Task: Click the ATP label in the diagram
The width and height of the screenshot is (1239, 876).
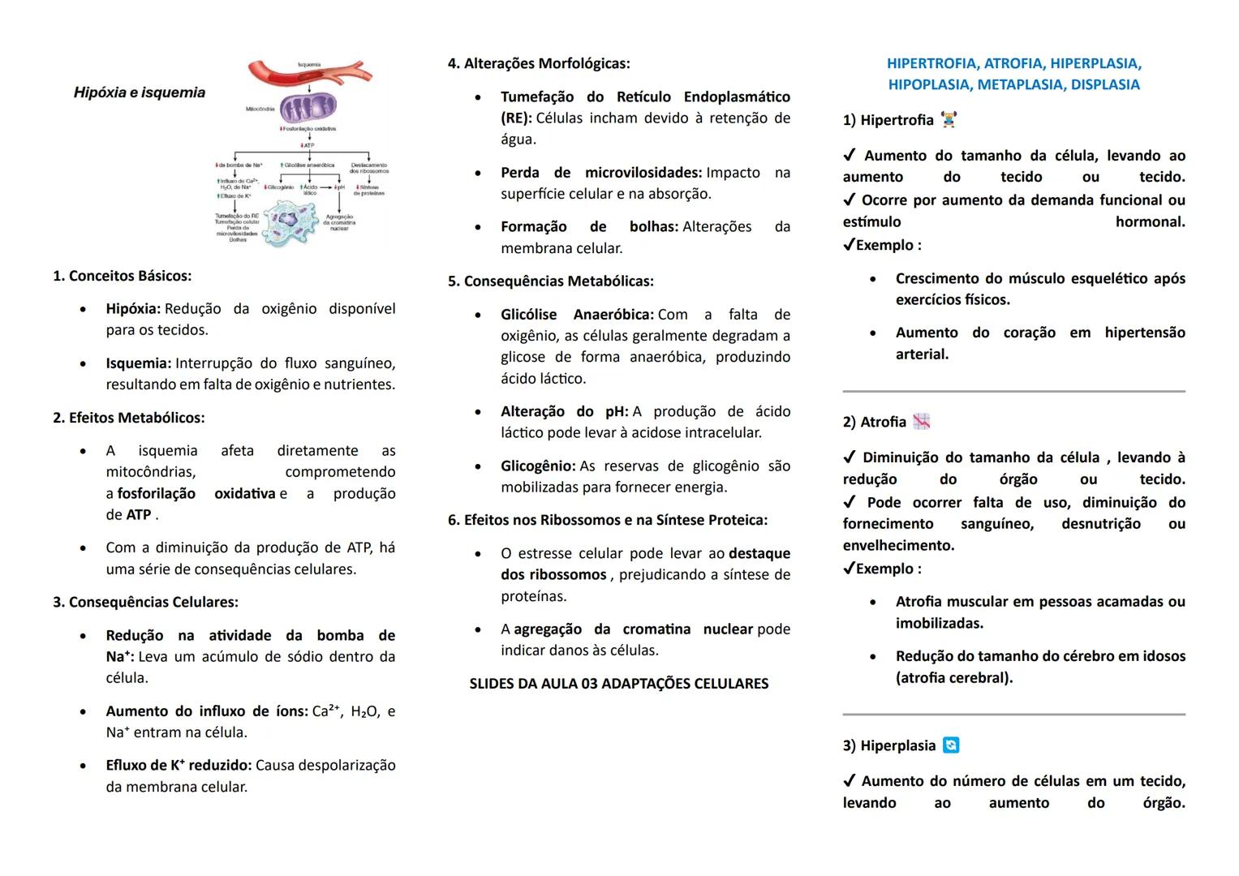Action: tap(308, 145)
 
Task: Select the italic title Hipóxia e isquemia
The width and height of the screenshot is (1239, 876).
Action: tap(140, 92)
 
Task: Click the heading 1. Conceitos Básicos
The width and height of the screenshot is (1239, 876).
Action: tap(123, 276)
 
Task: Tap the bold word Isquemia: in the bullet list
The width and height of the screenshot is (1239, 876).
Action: tap(138, 363)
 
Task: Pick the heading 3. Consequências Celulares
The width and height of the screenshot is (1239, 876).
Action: tap(145, 602)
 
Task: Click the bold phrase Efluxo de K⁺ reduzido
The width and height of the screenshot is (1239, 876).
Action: tap(178, 765)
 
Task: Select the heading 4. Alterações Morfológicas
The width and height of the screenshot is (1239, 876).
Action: tap(539, 63)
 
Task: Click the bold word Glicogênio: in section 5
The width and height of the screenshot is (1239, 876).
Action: tap(538, 466)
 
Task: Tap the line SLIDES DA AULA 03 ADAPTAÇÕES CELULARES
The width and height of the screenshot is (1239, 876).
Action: tap(618, 684)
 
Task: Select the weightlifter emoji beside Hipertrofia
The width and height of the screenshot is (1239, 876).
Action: tap(949, 120)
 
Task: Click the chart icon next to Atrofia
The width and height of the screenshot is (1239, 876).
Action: tap(921, 421)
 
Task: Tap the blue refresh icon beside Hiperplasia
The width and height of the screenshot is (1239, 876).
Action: tap(951, 745)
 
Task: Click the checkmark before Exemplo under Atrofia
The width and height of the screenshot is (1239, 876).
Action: tap(849, 569)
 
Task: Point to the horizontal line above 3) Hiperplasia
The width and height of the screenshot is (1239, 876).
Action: tap(1013, 715)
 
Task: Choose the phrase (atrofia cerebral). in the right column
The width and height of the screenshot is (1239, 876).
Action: tap(954, 677)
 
